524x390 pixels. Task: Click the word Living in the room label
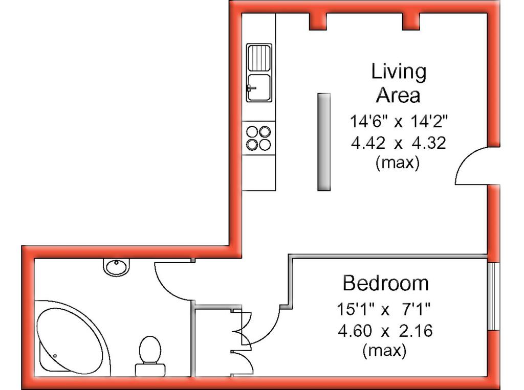[x=399, y=72]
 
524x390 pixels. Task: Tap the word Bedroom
[x=386, y=283]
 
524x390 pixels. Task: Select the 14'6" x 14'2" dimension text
[x=398, y=121]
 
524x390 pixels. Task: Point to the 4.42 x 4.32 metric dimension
[x=398, y=143]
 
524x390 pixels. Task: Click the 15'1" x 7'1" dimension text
[x=384, y=309]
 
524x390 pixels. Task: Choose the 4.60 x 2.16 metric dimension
[x=385, y=331]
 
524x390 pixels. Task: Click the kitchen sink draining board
[x=259, y=58]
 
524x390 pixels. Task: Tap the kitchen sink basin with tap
[x=259, y=87]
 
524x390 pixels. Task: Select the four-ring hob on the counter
[x=258, y=138]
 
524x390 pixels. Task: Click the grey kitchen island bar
[x=324, y=142]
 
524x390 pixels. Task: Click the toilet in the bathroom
[x=150, y=356]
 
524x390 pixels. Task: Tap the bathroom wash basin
[x=116, y=267]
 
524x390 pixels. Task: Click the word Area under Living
[x=398, y=95]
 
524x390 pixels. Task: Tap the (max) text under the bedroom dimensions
[x=384, y=351]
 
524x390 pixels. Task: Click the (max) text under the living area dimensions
[x=397, y=163]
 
